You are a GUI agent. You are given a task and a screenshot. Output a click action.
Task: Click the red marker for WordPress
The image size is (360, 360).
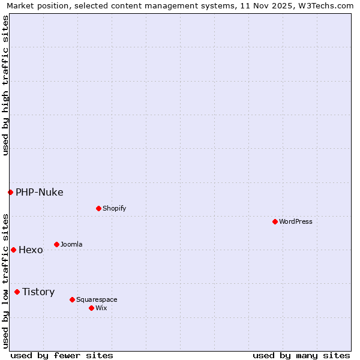(275, 221)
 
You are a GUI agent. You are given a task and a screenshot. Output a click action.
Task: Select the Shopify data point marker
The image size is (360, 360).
(98, 208)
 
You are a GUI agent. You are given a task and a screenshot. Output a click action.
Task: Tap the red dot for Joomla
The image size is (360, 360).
(56, 244)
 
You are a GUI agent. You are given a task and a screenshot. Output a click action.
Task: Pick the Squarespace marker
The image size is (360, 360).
(72, 299)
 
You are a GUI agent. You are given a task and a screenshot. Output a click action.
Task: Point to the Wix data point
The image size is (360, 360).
(91, 308)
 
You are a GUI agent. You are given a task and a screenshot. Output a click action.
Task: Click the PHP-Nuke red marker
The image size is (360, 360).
(10, 192)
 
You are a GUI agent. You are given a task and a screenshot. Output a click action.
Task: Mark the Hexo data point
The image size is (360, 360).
(13, 250)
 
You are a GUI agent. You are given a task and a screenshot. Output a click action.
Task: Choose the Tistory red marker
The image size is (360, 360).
(17, 292)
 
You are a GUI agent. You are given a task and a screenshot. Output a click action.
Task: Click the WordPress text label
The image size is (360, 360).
(296, 221)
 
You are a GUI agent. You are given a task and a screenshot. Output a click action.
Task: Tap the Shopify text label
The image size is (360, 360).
(114, 208)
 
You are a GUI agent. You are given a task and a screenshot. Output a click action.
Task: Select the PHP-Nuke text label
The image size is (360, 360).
(40, 193)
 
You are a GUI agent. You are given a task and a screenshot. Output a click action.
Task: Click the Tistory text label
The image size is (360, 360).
(38, 292)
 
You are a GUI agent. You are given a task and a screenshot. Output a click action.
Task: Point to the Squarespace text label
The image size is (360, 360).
(97, 299)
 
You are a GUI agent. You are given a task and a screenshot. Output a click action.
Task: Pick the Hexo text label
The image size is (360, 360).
(31, 250)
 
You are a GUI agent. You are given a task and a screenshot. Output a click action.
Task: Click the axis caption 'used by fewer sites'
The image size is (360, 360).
(62, 355)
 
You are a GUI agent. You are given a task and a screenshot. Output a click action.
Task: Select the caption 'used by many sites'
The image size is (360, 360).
(301, 355)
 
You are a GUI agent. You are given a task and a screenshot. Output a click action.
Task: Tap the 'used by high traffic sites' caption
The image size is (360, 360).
(5, 85)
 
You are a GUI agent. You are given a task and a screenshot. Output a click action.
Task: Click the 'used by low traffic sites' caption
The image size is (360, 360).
(5, 281)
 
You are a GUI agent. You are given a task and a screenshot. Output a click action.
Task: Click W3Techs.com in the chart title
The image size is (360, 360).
(325, 6)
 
